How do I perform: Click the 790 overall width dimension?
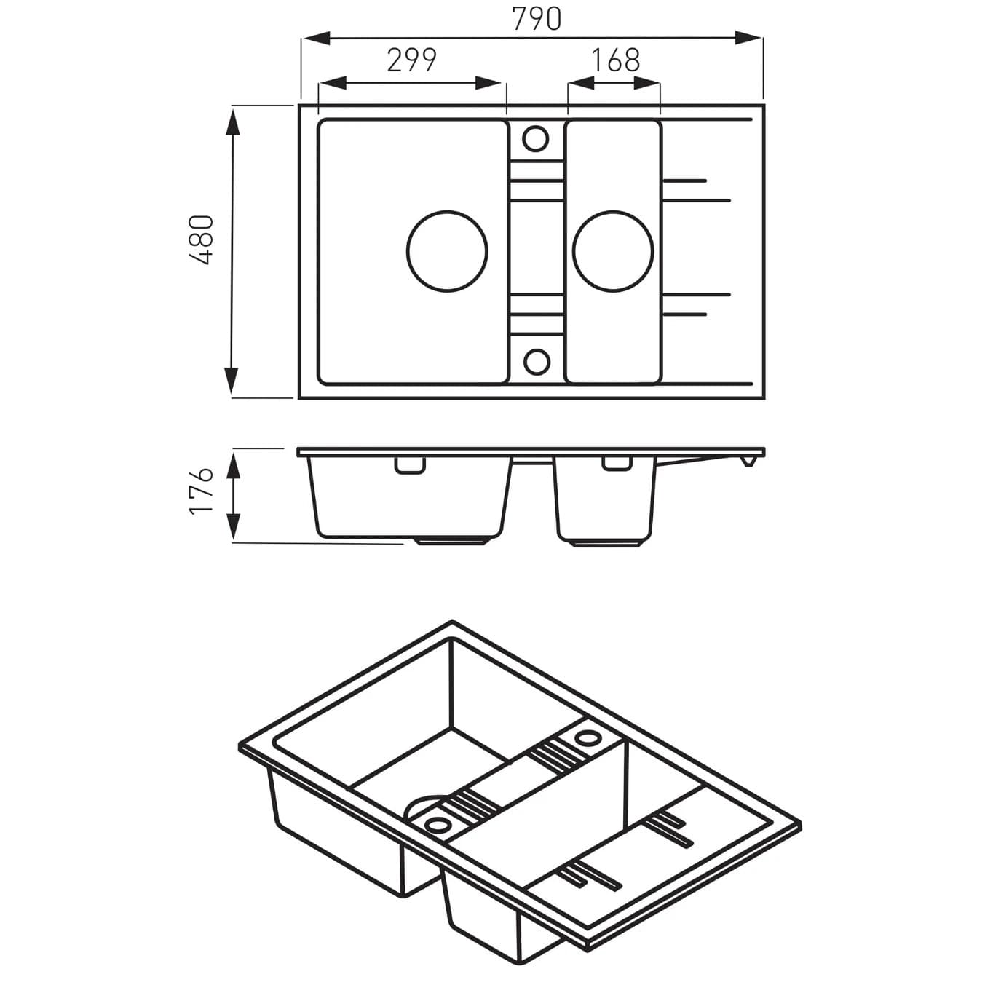tap(537, 20)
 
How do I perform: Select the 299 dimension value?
tap(411, 61)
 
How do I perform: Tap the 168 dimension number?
tap(614, 61)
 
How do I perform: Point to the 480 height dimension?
tap(200, 240)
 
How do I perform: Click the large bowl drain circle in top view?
tap(446, 250)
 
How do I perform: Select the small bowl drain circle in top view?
tap(612, 250)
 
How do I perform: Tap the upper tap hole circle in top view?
tap(536, 138)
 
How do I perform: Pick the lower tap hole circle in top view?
tap(537, 360)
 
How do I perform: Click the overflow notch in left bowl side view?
tap(410, 464)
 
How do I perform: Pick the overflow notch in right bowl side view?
tap(616, 464)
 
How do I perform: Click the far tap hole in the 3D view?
tap(586, 738)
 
